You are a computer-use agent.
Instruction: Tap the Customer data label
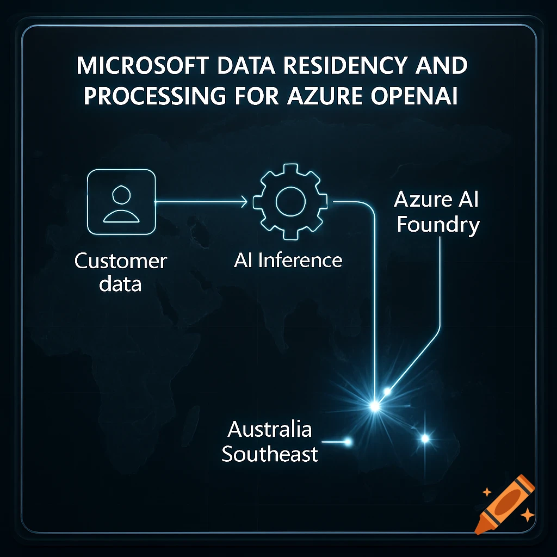point(120,272)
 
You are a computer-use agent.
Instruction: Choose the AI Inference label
point(288,261)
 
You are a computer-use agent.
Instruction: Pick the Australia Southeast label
point(270,442)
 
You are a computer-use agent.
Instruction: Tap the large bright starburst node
point(374,406)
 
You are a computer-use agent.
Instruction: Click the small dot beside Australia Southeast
point(348,442)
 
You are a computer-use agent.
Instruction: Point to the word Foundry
point(438,225)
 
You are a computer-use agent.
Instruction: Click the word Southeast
point(270,454)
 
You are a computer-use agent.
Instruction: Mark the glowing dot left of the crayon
point(425,438)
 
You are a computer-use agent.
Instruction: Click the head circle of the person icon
point(121,194)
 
